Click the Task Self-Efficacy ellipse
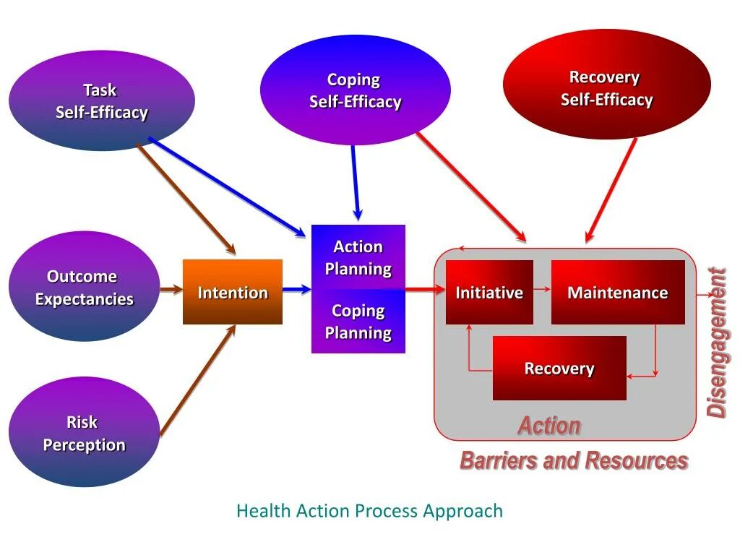point(102,101)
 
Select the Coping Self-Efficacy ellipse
point(355,90)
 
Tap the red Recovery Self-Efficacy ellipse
point(606,87)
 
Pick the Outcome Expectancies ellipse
point(84,287)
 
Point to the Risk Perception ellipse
point(84,433)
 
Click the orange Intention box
point(233,292)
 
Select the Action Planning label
point(358,257)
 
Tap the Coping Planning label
point(358,322)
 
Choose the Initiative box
point(489,292)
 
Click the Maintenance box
point(617,292)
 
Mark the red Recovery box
point(559,368)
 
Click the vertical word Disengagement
point(716,343)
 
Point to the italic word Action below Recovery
point(549,426)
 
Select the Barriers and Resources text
point(574,460)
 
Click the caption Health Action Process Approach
point(369,511)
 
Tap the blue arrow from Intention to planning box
point(296,290)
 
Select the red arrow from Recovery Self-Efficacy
point(611,189)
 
